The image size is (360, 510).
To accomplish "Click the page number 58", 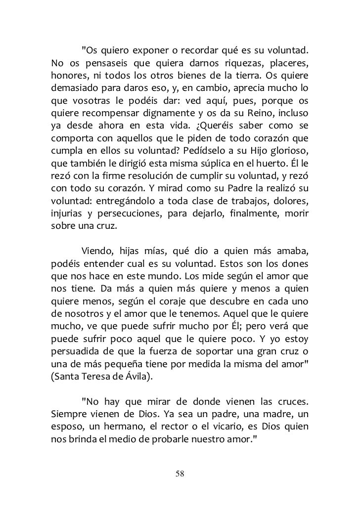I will tap(180, 474).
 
